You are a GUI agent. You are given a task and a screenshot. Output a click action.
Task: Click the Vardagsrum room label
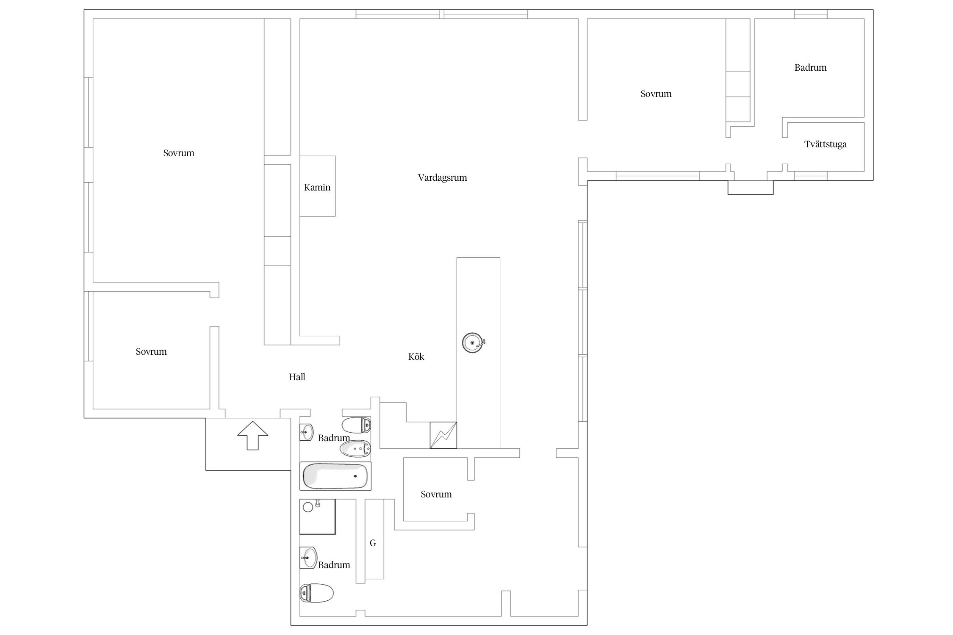442,178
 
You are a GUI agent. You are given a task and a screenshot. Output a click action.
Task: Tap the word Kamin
317,187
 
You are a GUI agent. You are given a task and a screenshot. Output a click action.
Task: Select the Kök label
416,356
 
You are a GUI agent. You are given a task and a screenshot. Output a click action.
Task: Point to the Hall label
297,377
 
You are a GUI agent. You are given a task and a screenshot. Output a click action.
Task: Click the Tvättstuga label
826,144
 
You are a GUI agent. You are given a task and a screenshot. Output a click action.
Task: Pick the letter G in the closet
373,543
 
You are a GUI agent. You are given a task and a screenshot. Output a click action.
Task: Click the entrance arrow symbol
252,435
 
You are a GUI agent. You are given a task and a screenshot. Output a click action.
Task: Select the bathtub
335,476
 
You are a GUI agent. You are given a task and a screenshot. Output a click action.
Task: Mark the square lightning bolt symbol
443,435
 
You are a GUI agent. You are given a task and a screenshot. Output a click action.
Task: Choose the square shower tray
317,516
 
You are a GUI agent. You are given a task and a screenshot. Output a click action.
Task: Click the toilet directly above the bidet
356,425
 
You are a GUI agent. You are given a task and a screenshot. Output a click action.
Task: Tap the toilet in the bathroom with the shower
316,593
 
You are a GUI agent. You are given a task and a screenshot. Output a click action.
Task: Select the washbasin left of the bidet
306,432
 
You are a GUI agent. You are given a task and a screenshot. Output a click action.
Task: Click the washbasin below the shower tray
308,558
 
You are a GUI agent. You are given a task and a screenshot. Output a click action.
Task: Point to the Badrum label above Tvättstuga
810,67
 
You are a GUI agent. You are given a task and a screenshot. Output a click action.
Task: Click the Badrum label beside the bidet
334,438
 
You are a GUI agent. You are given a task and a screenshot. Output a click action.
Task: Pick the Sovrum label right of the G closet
436,494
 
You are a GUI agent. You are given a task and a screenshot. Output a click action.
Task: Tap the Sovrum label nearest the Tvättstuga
656,94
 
